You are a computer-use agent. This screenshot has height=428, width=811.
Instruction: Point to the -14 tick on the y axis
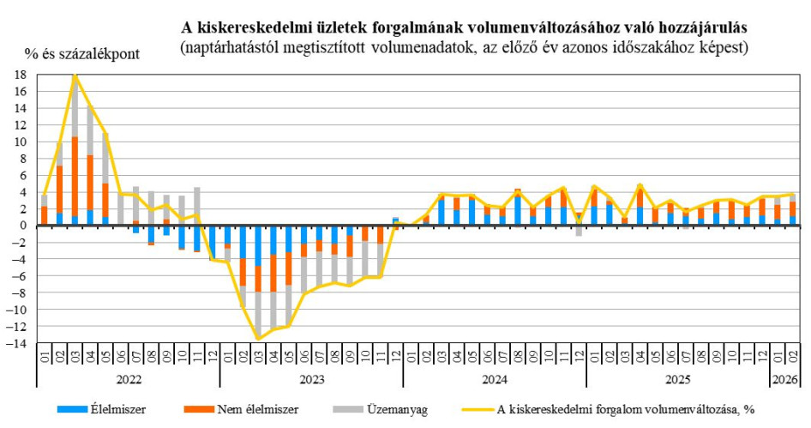tap(19, 343)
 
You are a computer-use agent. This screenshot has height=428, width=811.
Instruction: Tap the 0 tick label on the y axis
tap(25, 226)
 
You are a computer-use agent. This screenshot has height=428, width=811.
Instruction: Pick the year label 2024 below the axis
tap(494, 377)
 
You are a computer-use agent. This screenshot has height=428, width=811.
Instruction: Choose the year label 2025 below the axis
tap(677, 377)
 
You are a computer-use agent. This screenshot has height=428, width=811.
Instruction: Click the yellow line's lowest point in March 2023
tap(258, 339)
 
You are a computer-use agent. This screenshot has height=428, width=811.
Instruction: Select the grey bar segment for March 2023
tap(258, 314)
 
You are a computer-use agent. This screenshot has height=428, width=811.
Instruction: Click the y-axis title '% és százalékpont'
tap(81, 53)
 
